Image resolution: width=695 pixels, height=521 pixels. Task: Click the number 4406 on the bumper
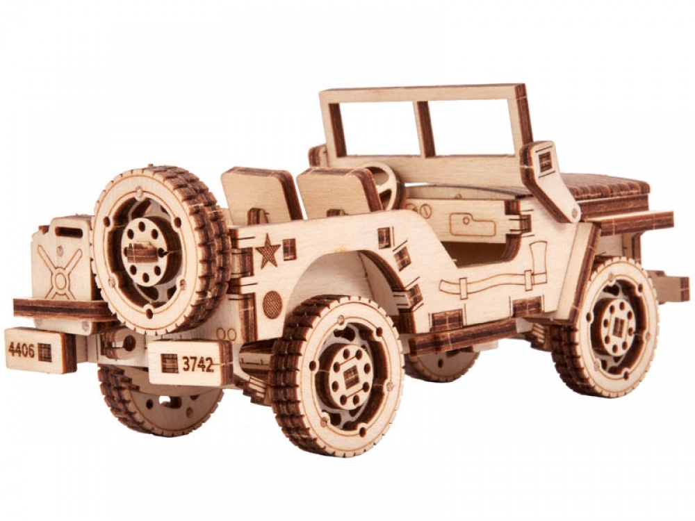point(22,350)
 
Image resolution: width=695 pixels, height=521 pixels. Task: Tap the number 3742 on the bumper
point(197,364)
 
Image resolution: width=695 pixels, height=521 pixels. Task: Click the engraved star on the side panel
point(268,251)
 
